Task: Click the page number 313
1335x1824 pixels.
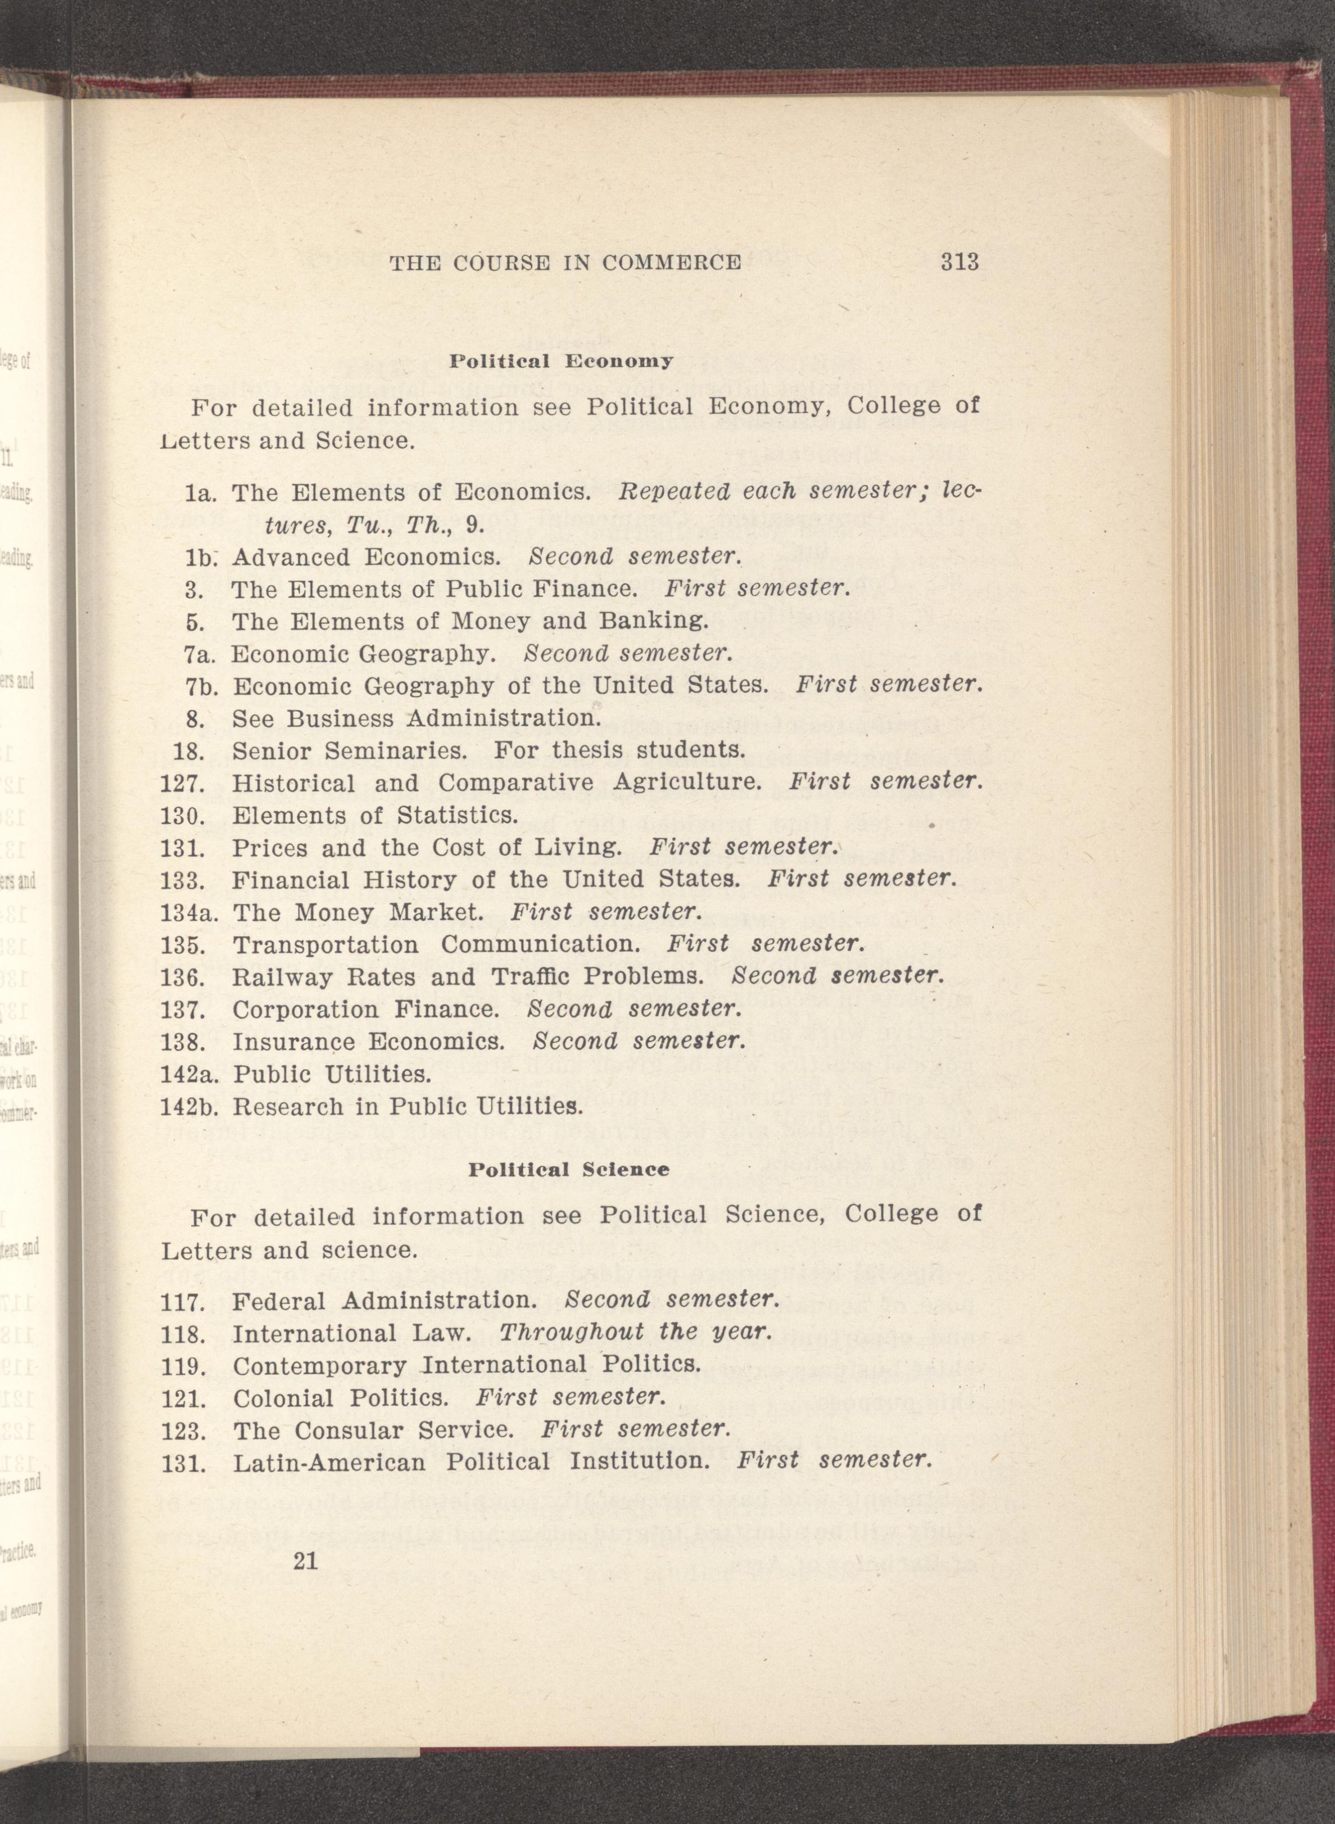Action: [959, 262]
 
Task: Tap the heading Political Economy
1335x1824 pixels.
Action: [561, 361]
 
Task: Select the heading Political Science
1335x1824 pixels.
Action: [569, 1169]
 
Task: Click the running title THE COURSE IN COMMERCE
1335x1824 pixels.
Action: [565, 262]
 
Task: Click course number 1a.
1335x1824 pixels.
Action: [198, 493]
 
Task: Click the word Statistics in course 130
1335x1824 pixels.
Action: [458, 816]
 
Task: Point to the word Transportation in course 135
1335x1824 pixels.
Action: [325, 945]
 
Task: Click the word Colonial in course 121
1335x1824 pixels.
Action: [283, 1397]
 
